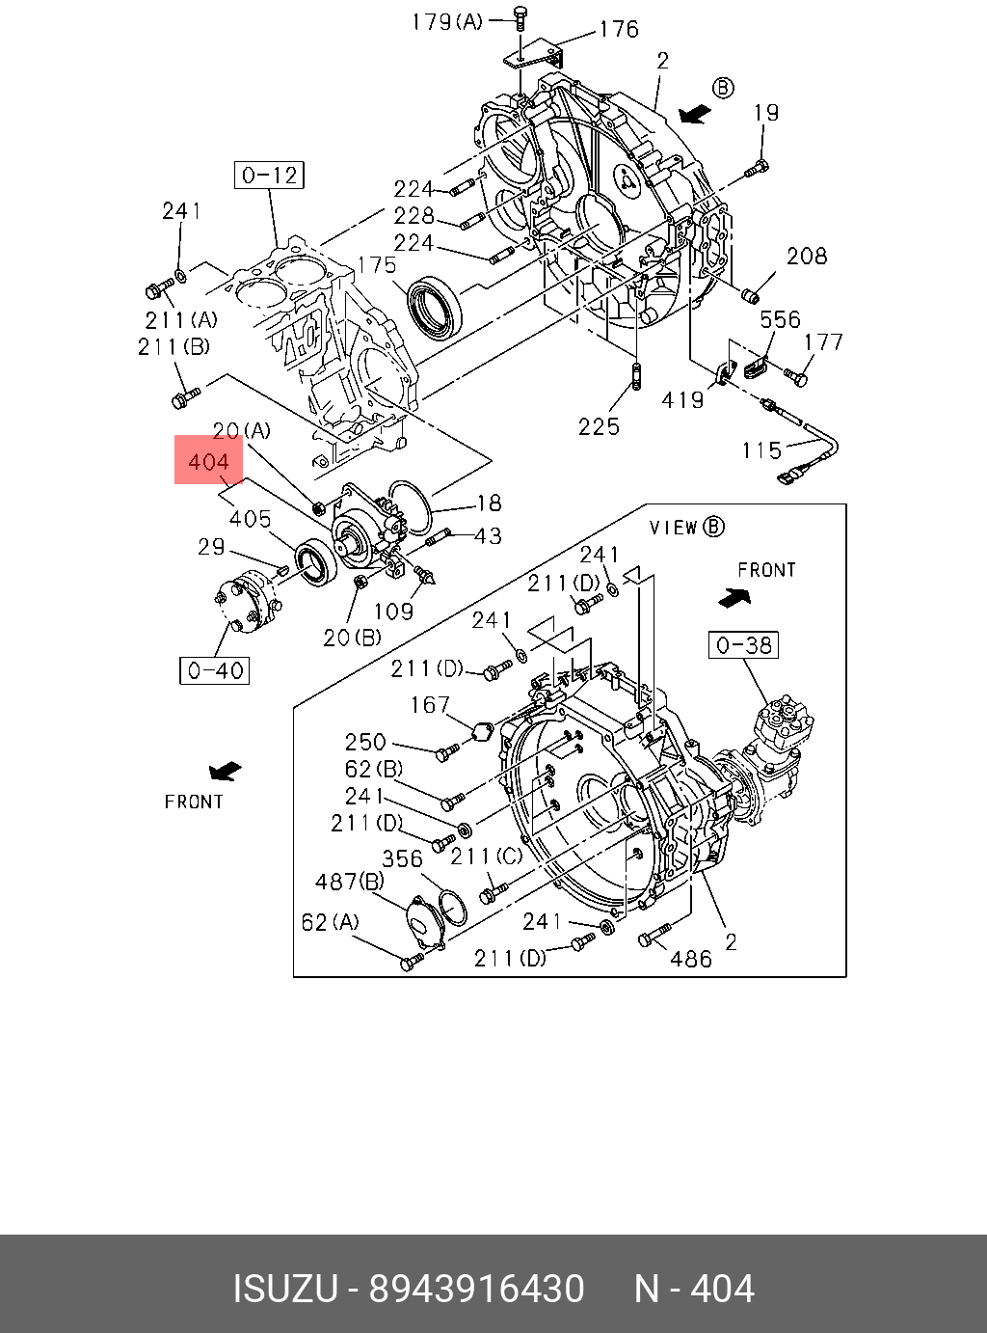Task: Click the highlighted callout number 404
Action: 208,462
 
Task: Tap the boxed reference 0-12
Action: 269,176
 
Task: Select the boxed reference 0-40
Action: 215,670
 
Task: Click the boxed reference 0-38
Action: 743,645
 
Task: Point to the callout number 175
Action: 377,265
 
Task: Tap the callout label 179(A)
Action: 447,22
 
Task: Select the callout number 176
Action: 619,29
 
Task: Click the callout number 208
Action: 807,256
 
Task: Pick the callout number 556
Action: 781,319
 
